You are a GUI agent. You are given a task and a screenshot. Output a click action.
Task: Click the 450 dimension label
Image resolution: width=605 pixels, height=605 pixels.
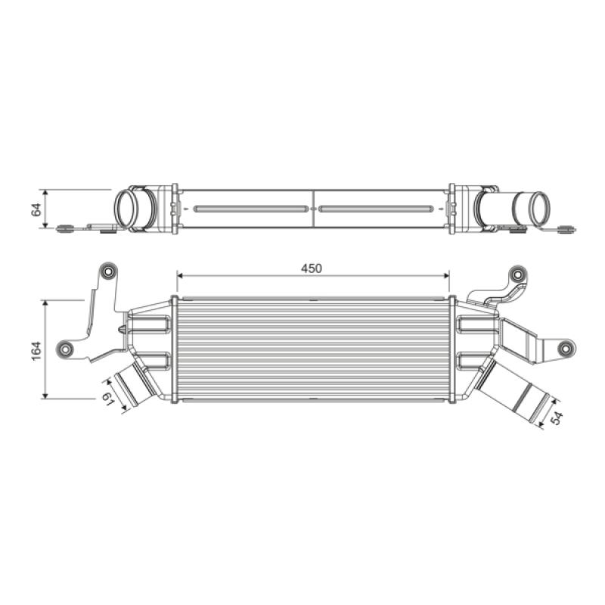tap(312, 268)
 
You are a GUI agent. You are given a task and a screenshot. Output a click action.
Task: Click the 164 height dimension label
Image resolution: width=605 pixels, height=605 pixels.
tap(36, 351)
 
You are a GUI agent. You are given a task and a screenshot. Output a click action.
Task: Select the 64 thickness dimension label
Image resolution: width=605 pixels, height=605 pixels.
tap(36, 209)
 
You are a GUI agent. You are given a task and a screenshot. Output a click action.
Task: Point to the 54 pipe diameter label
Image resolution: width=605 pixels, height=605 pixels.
tap(557, 418)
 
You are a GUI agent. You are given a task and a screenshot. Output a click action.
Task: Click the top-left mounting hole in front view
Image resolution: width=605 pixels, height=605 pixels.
tap(108, 271)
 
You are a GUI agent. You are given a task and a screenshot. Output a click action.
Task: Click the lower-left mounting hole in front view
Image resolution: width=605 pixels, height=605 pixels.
tap(65, 349)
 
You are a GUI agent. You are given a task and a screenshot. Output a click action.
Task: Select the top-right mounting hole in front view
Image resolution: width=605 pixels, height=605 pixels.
tap(517, 275)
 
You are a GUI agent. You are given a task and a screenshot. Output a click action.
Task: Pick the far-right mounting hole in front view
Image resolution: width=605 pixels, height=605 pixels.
tap(566, 348)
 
